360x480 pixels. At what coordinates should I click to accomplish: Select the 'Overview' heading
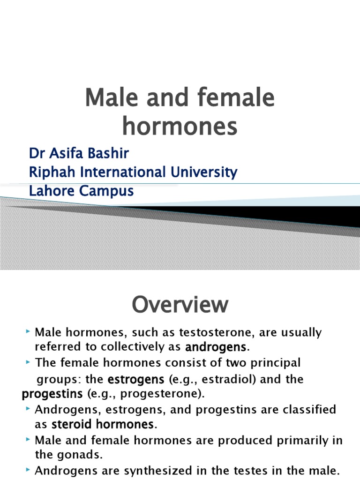(180, 305)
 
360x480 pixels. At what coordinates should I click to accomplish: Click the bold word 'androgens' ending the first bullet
(216, 347)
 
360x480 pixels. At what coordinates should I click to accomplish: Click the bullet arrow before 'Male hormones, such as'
(29, 332)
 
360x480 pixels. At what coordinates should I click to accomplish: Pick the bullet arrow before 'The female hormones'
(29, 362)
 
